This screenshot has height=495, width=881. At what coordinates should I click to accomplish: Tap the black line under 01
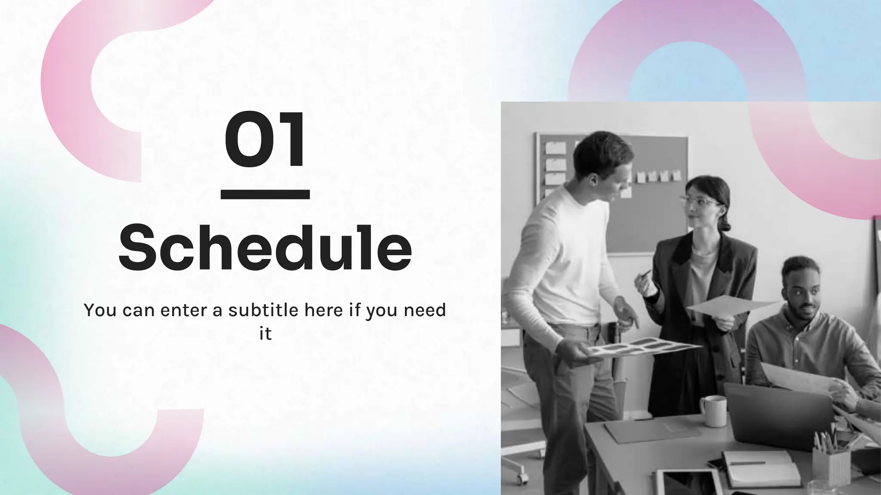[x=265, y=195]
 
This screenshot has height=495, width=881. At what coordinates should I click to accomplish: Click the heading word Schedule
[x=265, y=248]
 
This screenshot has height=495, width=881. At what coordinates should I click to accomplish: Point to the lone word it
[x=265, y=333]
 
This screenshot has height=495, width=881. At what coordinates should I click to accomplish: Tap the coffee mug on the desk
[x=714, y=411]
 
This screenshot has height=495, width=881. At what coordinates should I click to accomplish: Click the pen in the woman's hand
[x=644, y=275]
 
